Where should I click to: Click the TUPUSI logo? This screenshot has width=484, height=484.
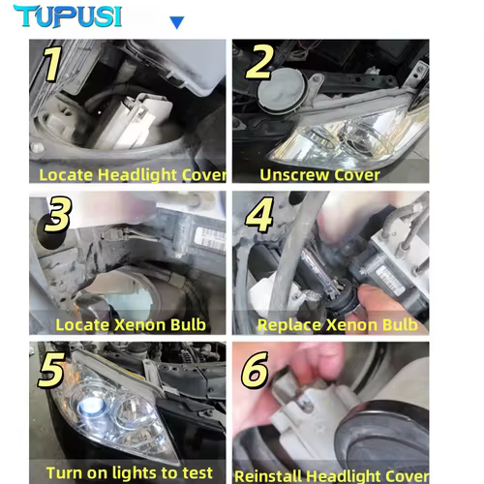(68, 15)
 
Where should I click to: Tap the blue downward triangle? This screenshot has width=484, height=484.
(177, 22)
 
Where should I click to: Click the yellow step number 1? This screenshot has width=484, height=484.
(52, 63)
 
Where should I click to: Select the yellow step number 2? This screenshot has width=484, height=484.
(259, 62)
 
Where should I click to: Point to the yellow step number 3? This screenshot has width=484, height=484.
(58, 214)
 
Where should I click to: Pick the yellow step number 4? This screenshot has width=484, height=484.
(259, 215)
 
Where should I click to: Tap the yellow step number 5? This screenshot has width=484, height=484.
(51, 370)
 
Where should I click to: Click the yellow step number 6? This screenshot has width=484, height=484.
(255, 370)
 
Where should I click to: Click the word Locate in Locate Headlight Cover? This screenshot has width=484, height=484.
(66, 175)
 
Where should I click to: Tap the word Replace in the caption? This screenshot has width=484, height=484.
(289, 325)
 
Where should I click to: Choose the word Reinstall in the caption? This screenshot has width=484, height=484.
(268, 476)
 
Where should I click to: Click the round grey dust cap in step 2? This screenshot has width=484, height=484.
(282, 90)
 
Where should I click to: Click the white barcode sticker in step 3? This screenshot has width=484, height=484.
(210, 238)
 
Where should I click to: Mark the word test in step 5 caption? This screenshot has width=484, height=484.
(197, 473)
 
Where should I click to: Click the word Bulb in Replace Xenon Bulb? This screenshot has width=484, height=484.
(400, 325)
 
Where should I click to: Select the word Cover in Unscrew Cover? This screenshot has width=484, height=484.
(357, 175)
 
